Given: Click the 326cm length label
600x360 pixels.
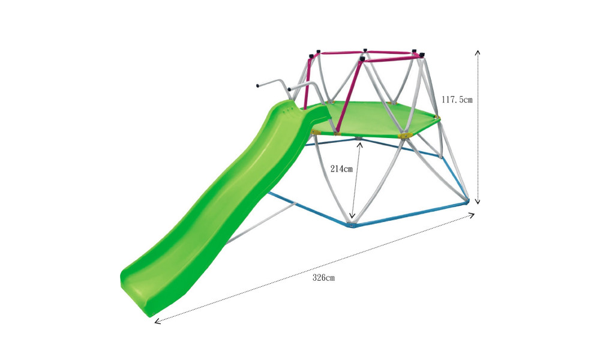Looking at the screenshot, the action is [323, 278].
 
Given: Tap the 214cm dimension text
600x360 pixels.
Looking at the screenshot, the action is [341, 169].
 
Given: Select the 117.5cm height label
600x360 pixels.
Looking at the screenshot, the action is [457, 100].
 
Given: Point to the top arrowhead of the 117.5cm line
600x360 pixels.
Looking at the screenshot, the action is [477, 52].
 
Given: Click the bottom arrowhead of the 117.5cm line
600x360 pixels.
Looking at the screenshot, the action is [477, 201].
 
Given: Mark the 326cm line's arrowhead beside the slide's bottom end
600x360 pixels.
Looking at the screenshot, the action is [157, 321].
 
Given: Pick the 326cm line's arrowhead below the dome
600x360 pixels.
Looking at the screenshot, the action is [472, 215].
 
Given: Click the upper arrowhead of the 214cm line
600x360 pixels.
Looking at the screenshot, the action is [359, 145].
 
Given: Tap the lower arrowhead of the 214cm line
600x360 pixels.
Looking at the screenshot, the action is [353, 215].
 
